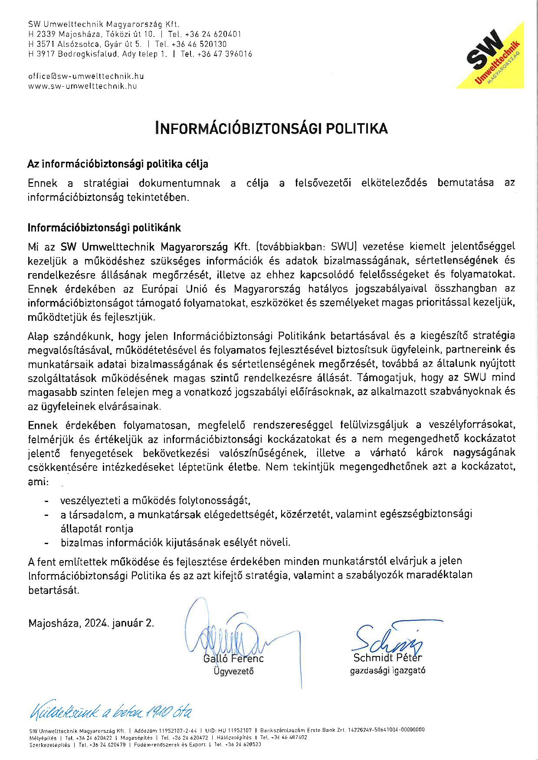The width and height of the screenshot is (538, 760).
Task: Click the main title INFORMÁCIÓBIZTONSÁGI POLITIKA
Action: pyautogui.click(x=272, y=128)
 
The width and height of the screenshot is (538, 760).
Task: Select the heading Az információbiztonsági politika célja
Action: pyautogui.click(x=118, y=164)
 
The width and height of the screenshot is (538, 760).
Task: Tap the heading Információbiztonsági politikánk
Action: pyautogui.click(x=104, y=228)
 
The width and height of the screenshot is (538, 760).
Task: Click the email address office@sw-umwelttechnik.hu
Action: pyautogui.click(x=86, y=76)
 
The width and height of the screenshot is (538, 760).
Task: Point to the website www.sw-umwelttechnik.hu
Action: pyautogui.click(x=82, y=86)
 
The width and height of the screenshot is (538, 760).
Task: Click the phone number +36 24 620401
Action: pyautogui.click(x=213, y=34)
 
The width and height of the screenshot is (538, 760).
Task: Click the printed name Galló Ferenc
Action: pyautogui.click(x=233, y=659)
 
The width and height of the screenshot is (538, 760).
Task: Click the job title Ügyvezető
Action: pyautogui.click(x=233, y=671)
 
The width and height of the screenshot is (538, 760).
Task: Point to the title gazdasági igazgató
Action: pyautogui.click(x=387, y=671)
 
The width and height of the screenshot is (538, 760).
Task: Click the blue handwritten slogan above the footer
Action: pyautogui.click(x=110, y=712)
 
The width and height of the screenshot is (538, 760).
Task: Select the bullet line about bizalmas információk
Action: pyautogui.click(x=175, y=542)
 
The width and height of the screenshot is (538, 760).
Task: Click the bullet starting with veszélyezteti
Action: pyautogui.click(x=155, y=501)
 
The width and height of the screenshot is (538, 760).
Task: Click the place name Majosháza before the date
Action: pyautogui.click(x=55, y=623)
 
